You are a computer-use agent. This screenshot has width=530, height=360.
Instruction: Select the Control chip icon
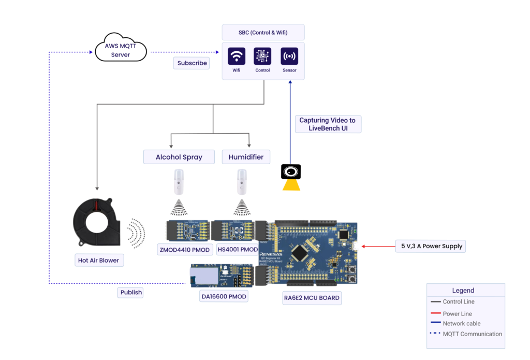[262, 56]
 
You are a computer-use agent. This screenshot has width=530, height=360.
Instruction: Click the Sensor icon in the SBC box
[289, 56]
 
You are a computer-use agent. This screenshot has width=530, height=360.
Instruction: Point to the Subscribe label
[192, 63]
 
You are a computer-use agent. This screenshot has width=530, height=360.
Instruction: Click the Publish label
[131, 292]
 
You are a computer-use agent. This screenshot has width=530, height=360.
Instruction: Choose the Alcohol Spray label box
[179, 157]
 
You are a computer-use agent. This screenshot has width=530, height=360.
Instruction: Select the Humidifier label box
[246, 157]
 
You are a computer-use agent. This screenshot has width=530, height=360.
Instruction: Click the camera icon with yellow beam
[291, 173]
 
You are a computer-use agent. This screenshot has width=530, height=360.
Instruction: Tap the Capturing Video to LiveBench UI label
[328, 124]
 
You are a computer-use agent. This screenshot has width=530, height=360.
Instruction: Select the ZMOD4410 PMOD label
[185, 250]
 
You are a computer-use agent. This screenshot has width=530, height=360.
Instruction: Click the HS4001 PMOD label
[238, 250]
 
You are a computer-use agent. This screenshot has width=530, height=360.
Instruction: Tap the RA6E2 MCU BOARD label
[312, 298]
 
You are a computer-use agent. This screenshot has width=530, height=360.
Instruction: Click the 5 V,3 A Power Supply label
[431, 246]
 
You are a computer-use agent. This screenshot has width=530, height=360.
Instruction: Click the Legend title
[463, 291]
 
